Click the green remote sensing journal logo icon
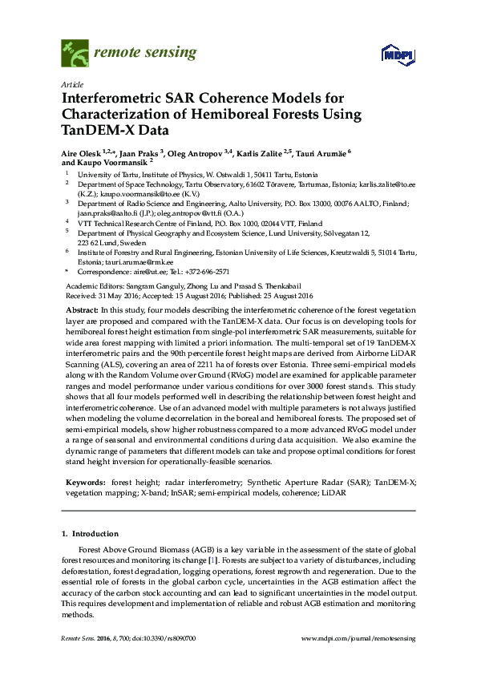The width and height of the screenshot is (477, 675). tap(75, 54)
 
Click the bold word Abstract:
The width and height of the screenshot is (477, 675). tap(83, 309)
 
